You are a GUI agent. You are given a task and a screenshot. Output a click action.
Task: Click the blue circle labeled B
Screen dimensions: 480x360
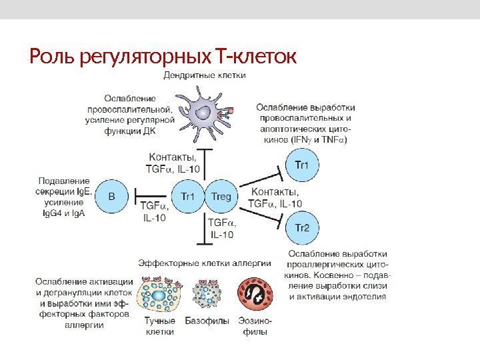click(x=111, y=197)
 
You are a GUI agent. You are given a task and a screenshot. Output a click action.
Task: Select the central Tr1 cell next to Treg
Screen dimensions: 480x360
click(x=187, y=197)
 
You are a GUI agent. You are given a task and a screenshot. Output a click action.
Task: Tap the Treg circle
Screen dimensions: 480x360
click(x=221, y=197)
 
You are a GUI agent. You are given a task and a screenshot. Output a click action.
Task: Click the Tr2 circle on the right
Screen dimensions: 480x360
click(x=302, y=227)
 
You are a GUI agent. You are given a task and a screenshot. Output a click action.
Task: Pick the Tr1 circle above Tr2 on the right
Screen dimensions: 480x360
click(x=302, y=165)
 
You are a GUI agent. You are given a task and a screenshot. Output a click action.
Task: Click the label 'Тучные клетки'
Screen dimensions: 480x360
click(x=160, y=325)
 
